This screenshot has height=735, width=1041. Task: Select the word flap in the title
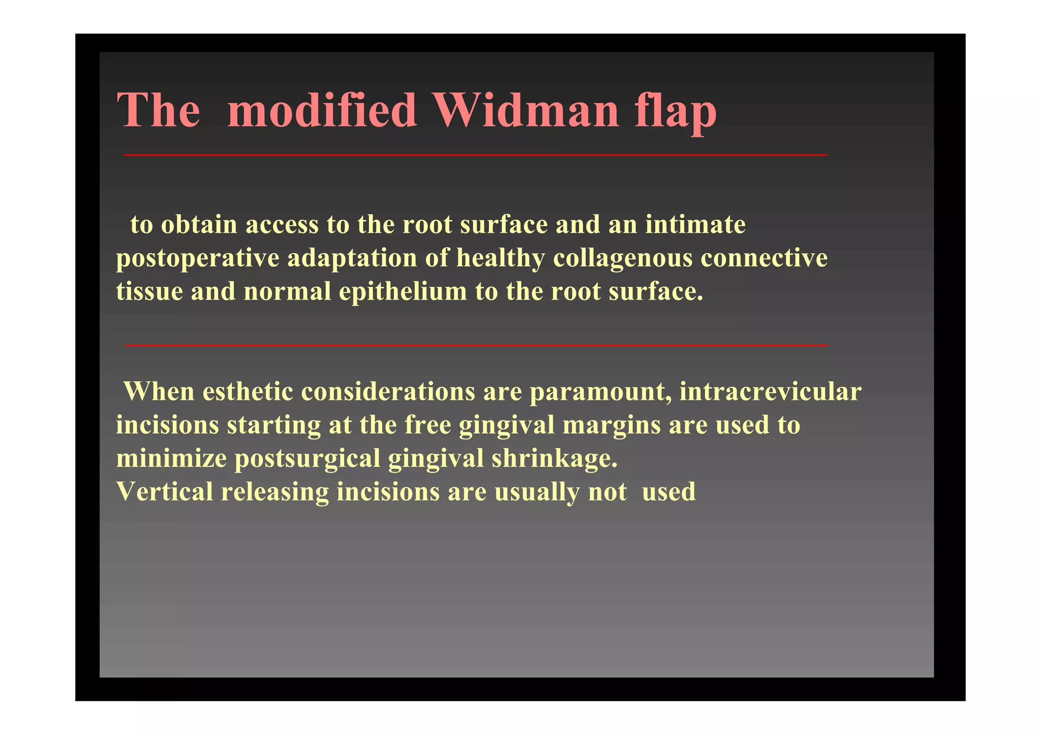point(676,111)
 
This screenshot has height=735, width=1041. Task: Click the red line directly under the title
point(476,155)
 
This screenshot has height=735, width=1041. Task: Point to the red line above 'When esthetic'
point(477,345)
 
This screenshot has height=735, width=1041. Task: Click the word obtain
point(199,225)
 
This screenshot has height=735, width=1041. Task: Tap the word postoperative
point(198,259)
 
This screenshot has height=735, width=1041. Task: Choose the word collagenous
point(623,258)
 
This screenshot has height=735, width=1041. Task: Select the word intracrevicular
point(770,392)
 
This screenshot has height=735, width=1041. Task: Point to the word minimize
point(171,458)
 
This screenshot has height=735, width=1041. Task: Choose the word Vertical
point(165,492)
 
